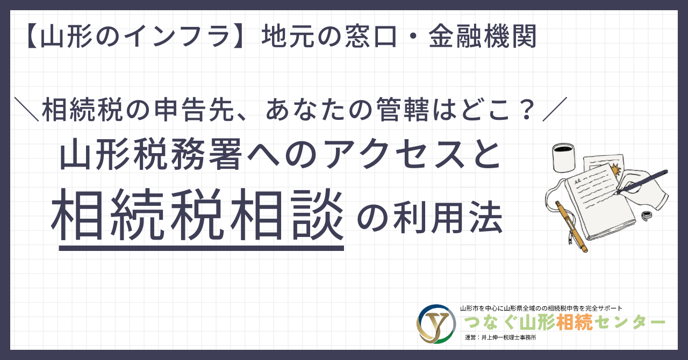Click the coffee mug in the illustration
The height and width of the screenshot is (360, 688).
[564, 157]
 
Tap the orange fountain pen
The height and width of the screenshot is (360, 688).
[571, 227]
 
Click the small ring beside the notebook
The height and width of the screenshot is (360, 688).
[647, 216]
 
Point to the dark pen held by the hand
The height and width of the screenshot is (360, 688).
[641, 182]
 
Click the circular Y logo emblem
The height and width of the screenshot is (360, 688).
[436, 324]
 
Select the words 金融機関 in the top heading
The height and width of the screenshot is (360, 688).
[483, 36]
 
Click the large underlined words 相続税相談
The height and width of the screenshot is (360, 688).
[197, 214]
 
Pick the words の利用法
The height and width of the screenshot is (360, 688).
[429, 218]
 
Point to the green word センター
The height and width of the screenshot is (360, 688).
[629, 322]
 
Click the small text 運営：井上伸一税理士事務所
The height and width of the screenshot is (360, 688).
[500, 337]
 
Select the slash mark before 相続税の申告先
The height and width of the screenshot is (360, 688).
[27, 110]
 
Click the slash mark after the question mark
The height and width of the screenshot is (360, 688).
[555, 110]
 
